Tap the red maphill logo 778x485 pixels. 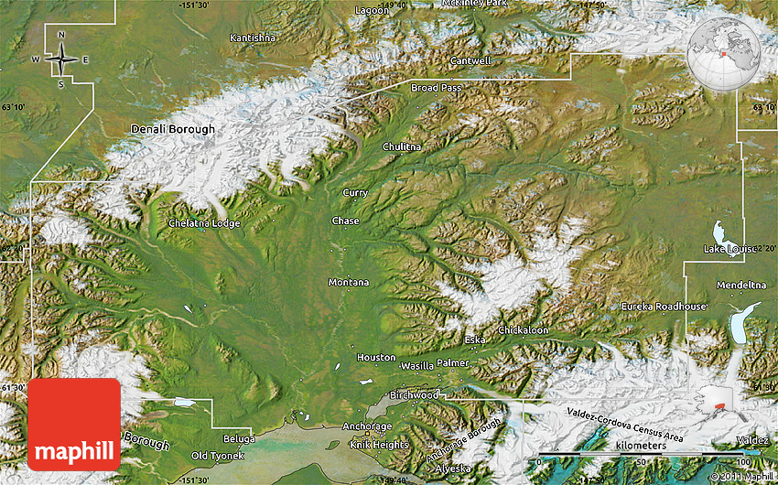74,425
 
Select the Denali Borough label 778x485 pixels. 173,129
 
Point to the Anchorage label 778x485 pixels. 366,426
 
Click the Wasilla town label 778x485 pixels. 416,365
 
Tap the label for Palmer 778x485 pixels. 452,363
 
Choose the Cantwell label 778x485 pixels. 470,61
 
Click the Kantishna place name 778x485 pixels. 253,38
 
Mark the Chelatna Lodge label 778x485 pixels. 204,222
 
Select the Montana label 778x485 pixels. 349,282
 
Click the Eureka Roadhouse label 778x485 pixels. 664,306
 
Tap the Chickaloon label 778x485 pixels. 523,329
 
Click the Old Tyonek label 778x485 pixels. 217,456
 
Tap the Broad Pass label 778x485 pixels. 436,88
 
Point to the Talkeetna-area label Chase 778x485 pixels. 345,221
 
